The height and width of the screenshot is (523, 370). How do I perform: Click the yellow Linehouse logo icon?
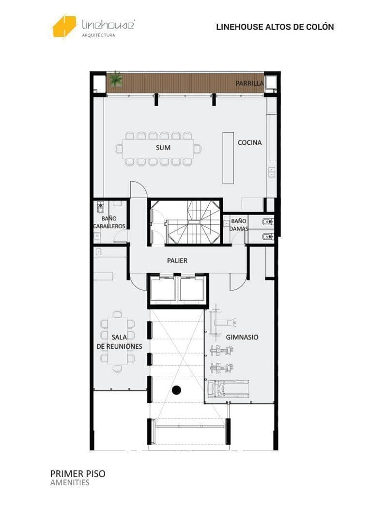point(64,26)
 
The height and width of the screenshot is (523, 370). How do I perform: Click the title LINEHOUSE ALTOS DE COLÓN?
point(275,27)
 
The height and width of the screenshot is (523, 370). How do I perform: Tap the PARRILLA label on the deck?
point(249,83)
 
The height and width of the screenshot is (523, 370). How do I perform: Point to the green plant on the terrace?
point(116,79)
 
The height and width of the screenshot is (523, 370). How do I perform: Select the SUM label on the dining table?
point(163,147)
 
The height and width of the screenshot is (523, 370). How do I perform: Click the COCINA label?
point(249,142)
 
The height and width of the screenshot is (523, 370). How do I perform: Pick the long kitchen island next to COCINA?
point(228,158)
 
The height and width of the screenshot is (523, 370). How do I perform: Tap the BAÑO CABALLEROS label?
point(109,222)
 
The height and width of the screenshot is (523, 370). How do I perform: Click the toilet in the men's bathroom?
point(101,207)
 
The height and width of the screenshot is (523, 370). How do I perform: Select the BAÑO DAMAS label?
point(239,225)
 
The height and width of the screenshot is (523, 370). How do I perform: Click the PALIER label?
point(177,261)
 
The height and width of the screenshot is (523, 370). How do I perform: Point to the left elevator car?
point(162,290)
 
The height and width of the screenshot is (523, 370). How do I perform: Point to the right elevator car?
point(191,290)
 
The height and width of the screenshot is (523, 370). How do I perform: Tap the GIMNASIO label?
point(242,337)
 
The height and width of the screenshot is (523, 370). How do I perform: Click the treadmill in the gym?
point(228,388)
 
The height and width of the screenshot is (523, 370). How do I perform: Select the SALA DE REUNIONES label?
point(119,342)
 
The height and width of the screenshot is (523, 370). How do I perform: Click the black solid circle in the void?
point(176,389)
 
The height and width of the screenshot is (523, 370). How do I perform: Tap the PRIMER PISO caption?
point(78,474)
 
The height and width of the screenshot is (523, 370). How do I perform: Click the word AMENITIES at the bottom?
point(70,482)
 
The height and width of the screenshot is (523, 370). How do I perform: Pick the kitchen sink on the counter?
point(272,172)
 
